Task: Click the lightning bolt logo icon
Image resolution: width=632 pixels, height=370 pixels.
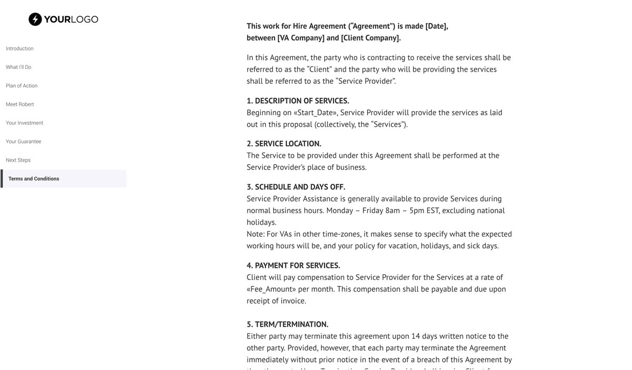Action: click(35, 19)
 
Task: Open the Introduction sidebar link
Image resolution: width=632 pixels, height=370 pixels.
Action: click(19, 48)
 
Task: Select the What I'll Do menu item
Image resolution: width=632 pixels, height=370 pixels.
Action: click(18, 67)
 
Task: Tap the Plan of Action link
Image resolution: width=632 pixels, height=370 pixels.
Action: click(22, 86)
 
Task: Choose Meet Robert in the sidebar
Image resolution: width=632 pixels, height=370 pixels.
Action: click(20, 104)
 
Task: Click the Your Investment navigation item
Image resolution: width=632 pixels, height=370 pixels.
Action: click(24, 123)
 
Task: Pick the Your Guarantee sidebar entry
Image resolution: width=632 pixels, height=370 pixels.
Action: click(23, 142)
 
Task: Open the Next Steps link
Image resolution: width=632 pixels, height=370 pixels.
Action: click(18, 160)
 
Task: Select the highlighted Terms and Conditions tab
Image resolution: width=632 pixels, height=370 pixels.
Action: click(34, 179)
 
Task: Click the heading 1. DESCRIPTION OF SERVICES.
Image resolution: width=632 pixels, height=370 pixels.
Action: click(298, 101)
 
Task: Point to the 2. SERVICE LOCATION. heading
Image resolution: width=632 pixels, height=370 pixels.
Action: click(284, 144)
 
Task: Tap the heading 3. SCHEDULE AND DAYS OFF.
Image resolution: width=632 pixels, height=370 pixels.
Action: click(296, 187)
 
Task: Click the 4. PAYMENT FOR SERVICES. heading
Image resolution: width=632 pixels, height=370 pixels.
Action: click(293, 265)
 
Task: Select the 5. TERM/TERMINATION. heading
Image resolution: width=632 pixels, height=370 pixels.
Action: click(288, 324)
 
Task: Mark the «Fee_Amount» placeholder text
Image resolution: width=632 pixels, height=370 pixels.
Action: click(271, 289)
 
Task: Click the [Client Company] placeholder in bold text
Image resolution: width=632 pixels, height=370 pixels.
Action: click(371, 38)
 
